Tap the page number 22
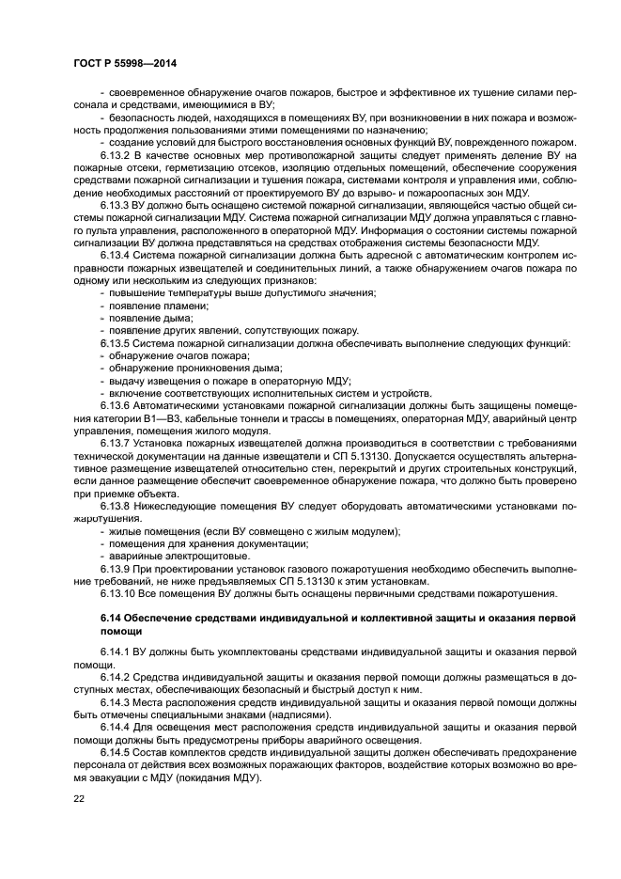(x=79, y=798)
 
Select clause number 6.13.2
(x=116, y=154)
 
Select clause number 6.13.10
(x=118, y=593)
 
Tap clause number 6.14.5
(x=116, y=753)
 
